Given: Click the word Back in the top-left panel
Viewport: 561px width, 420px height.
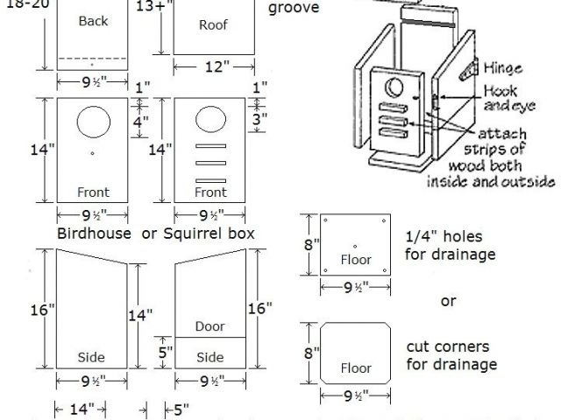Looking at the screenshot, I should [93, 20].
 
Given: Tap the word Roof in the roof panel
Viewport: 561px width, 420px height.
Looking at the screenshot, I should [213, 24].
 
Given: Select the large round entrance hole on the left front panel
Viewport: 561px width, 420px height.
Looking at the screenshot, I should [94, 122].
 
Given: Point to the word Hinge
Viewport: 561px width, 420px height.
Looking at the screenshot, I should [502, 68].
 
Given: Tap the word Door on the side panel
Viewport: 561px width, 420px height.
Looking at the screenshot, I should [210, 326].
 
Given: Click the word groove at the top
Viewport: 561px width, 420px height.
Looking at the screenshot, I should [294, 8].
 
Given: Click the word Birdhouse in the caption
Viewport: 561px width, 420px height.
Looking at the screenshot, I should [94, 234].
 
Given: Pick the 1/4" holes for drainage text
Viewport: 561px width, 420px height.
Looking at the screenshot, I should [450, 245].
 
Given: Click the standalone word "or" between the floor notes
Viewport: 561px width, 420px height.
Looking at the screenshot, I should [448, 301].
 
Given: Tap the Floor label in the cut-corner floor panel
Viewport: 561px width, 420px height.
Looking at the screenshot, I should [356, 368].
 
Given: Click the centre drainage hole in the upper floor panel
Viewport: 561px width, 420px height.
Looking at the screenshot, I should [355, 245].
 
